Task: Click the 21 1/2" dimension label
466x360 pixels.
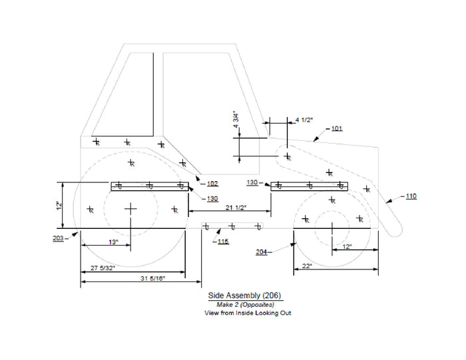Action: click(x=236, y=208)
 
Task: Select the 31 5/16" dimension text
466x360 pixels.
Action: click(x=152, y=278)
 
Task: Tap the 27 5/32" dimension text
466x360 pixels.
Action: click(x=103, y=268)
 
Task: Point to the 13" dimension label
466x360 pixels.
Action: click(x=113, y=242)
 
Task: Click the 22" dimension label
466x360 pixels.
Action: click(x=307, y=266)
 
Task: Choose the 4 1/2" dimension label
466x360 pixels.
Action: click(x=304, y=120)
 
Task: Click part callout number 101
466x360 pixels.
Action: click(x=337, y=128)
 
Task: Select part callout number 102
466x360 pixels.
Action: click(x=212, y=184)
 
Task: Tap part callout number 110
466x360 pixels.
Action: click(x=411, y=196)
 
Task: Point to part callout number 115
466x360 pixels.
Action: click(x=223, y=241)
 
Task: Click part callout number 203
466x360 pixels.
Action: click(x=59, y=238)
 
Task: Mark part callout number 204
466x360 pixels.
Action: click(x=262, y=252)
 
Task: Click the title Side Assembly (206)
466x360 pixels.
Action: click(x=244, y=295)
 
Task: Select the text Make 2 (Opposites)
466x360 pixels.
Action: click(x=246, y=305)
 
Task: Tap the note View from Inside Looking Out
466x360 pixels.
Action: click(x=248, y=313)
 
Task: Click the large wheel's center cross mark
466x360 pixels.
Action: click(x=130, y=209)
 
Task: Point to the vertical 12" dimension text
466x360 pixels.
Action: click(x=59, y=206)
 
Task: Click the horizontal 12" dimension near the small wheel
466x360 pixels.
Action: click(x=347, y=246)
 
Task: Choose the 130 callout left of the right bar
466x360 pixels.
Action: click(x=252, y=182)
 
